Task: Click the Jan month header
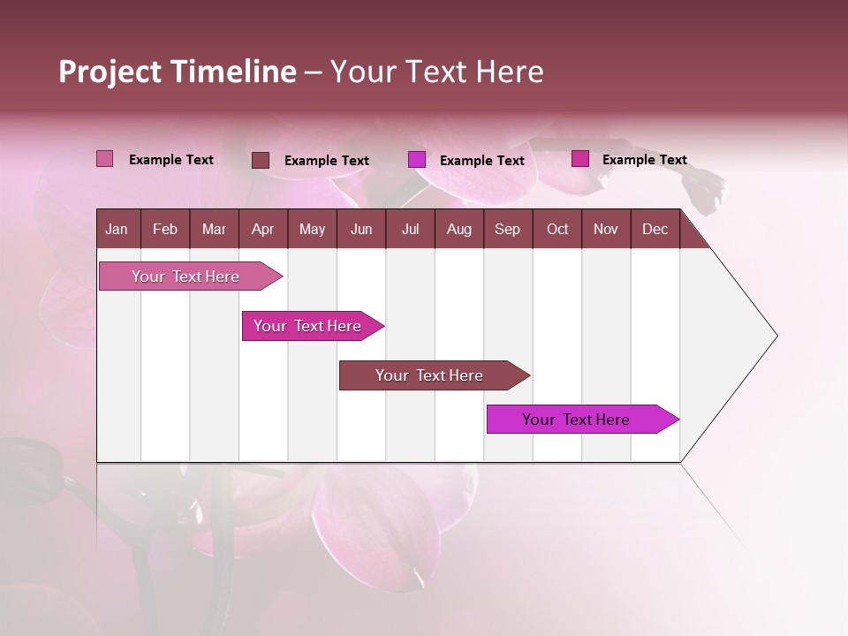117,230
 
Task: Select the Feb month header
165,230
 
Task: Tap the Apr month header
263,230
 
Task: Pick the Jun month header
361,230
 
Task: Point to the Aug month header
459,230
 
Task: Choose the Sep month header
508,230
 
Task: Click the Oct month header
557,230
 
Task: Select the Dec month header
655,230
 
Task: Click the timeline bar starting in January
185,276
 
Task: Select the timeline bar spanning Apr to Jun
307,326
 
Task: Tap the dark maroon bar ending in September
429,375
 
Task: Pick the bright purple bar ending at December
576,420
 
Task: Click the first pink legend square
104,159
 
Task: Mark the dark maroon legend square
261,160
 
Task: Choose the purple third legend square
417,160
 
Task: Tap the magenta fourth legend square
580,159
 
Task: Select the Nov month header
606,230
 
